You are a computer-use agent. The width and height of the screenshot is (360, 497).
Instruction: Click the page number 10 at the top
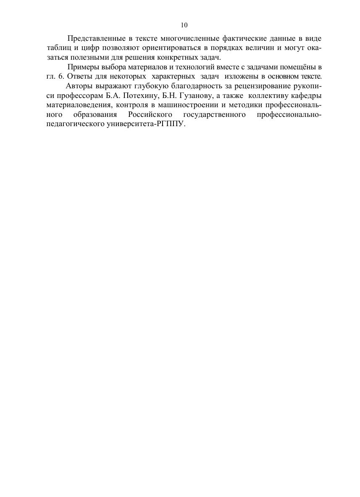(x=184, y=25)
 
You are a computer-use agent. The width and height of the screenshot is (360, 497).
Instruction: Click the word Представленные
(x=92, y=39)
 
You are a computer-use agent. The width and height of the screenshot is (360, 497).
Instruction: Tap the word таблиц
(x=56, y=48)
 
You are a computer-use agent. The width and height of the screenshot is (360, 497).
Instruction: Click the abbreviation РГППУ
(x=172, y=124)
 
